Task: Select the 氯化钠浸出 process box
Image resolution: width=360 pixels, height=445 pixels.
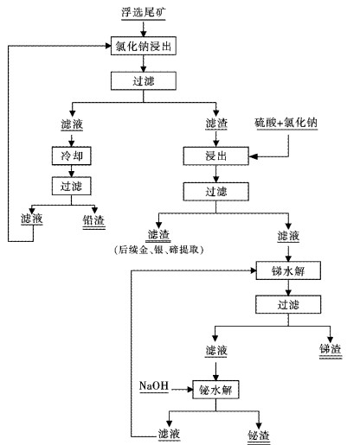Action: pyautogui.click(x=145, y=46)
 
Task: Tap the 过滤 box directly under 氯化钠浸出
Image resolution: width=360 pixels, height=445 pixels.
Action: pyautogui.click(x=145, y=80)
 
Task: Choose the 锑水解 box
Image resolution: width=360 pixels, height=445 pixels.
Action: pyautogui.click(x=288, y=270)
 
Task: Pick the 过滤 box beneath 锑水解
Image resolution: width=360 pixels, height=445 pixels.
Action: pyautogui.click(x=288, y=304)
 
